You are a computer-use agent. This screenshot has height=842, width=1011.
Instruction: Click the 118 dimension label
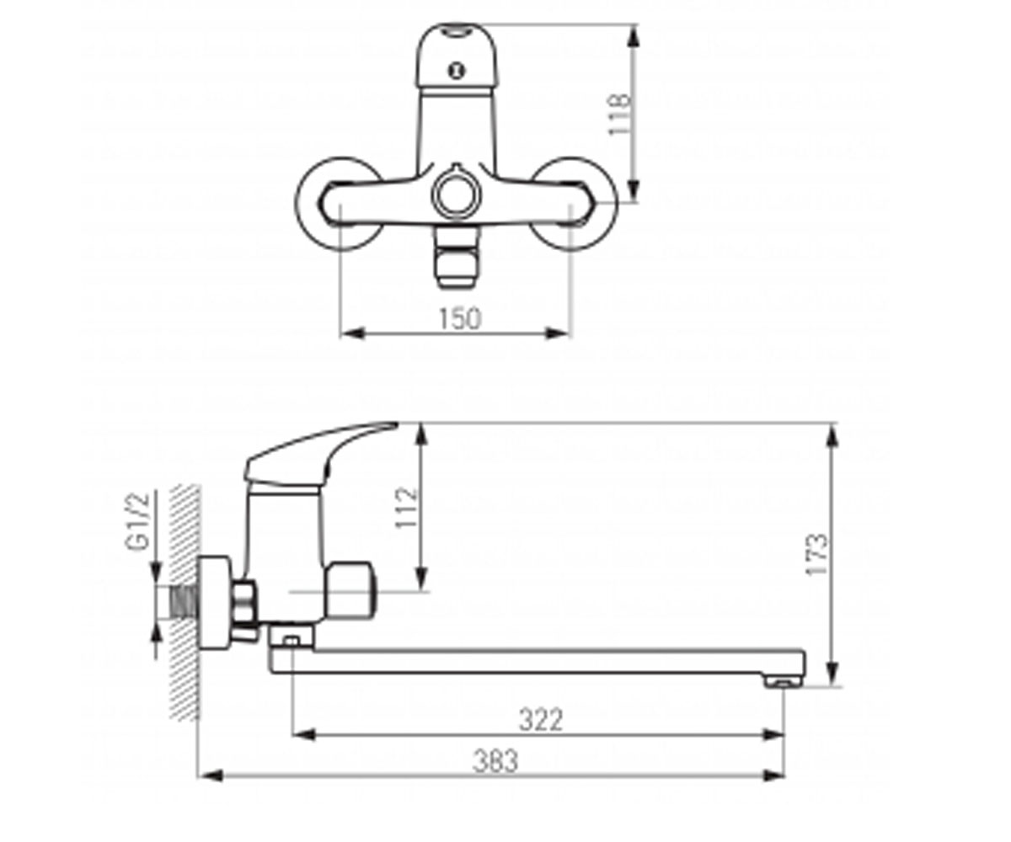(x=620, y=115)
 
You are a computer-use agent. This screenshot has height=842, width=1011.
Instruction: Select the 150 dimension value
(x=459, y=318)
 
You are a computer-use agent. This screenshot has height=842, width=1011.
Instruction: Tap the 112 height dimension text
(x=406, y=509)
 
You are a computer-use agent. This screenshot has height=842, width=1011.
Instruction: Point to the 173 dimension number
(x=816, y=554)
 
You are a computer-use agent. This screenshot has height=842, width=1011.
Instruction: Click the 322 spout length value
(x=541, y=720)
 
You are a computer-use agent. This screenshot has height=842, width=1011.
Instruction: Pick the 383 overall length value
(x=495, y=760)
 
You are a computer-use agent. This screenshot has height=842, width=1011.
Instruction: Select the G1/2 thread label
(x=138, y=521)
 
